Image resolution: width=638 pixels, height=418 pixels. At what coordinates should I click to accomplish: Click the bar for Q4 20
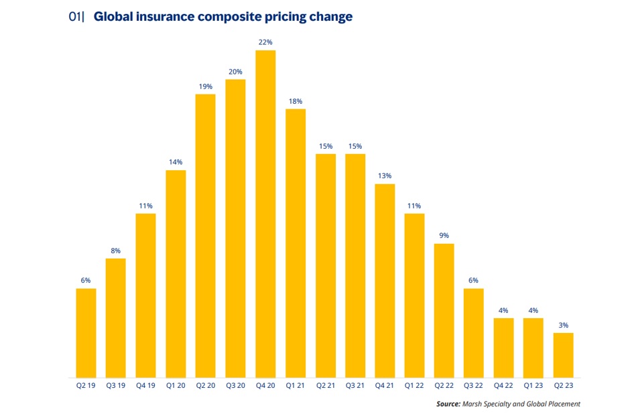click(265, 214)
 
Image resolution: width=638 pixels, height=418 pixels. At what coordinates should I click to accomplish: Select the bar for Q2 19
click(86, 333)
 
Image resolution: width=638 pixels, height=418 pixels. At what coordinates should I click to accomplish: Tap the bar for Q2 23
click(564, 355)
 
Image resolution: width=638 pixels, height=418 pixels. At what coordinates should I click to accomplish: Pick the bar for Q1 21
click(296, 243)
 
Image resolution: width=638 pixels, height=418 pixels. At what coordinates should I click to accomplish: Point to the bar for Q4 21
click(385, 281)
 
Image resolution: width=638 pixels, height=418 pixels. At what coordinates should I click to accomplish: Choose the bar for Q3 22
click(474, 333)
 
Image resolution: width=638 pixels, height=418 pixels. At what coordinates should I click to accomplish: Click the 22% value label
click(265, 42)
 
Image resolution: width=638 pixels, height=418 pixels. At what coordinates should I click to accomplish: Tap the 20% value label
click(235, 72)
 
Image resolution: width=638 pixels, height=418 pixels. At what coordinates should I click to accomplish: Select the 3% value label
click(564, 325)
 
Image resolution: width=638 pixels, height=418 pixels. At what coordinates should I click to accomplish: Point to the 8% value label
click(116, 251)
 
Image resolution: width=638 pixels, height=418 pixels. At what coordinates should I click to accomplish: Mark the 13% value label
click(385, 176)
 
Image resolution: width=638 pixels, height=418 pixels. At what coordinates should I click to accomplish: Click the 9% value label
click(444, 235)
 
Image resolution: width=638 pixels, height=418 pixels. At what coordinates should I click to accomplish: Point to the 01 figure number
click(75, 17)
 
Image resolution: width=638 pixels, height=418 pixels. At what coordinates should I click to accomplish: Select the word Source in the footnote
click(448, 404)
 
